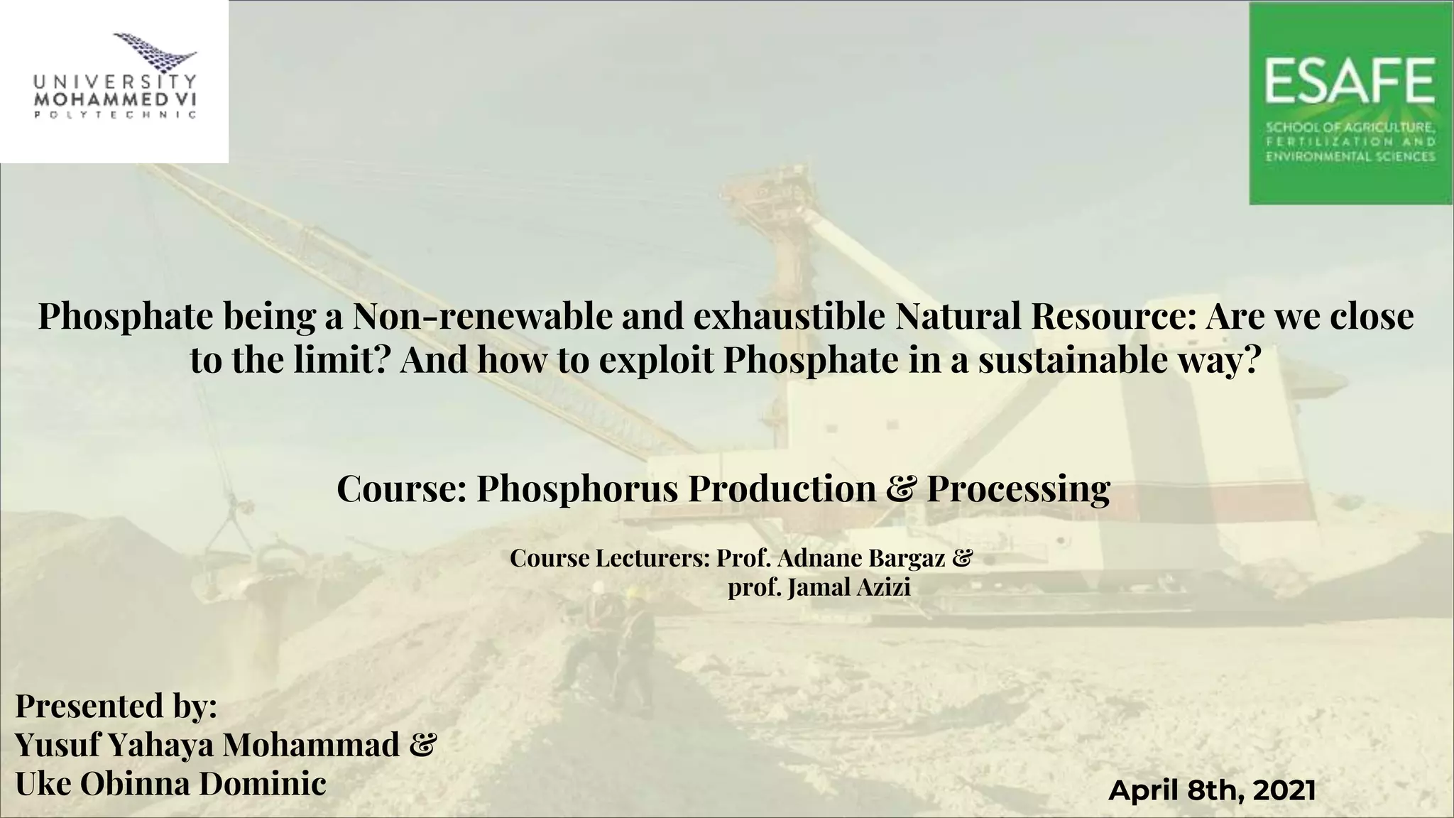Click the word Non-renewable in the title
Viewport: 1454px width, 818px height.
point(482,317)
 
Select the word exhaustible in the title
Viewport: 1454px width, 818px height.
point(789,317)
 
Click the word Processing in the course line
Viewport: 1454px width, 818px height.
point(1018,489)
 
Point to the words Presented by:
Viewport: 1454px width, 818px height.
point(116,707)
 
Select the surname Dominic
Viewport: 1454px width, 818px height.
point(262,785)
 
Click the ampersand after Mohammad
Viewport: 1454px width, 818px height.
point(423,746)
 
